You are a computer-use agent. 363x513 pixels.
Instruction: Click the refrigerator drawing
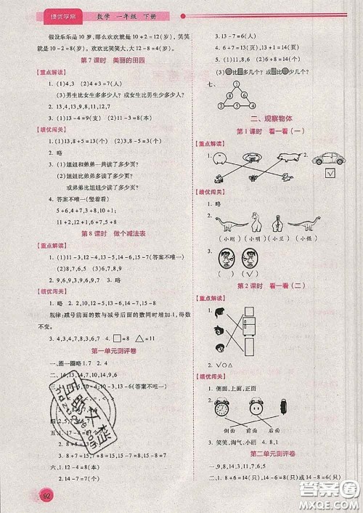[249, 325]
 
